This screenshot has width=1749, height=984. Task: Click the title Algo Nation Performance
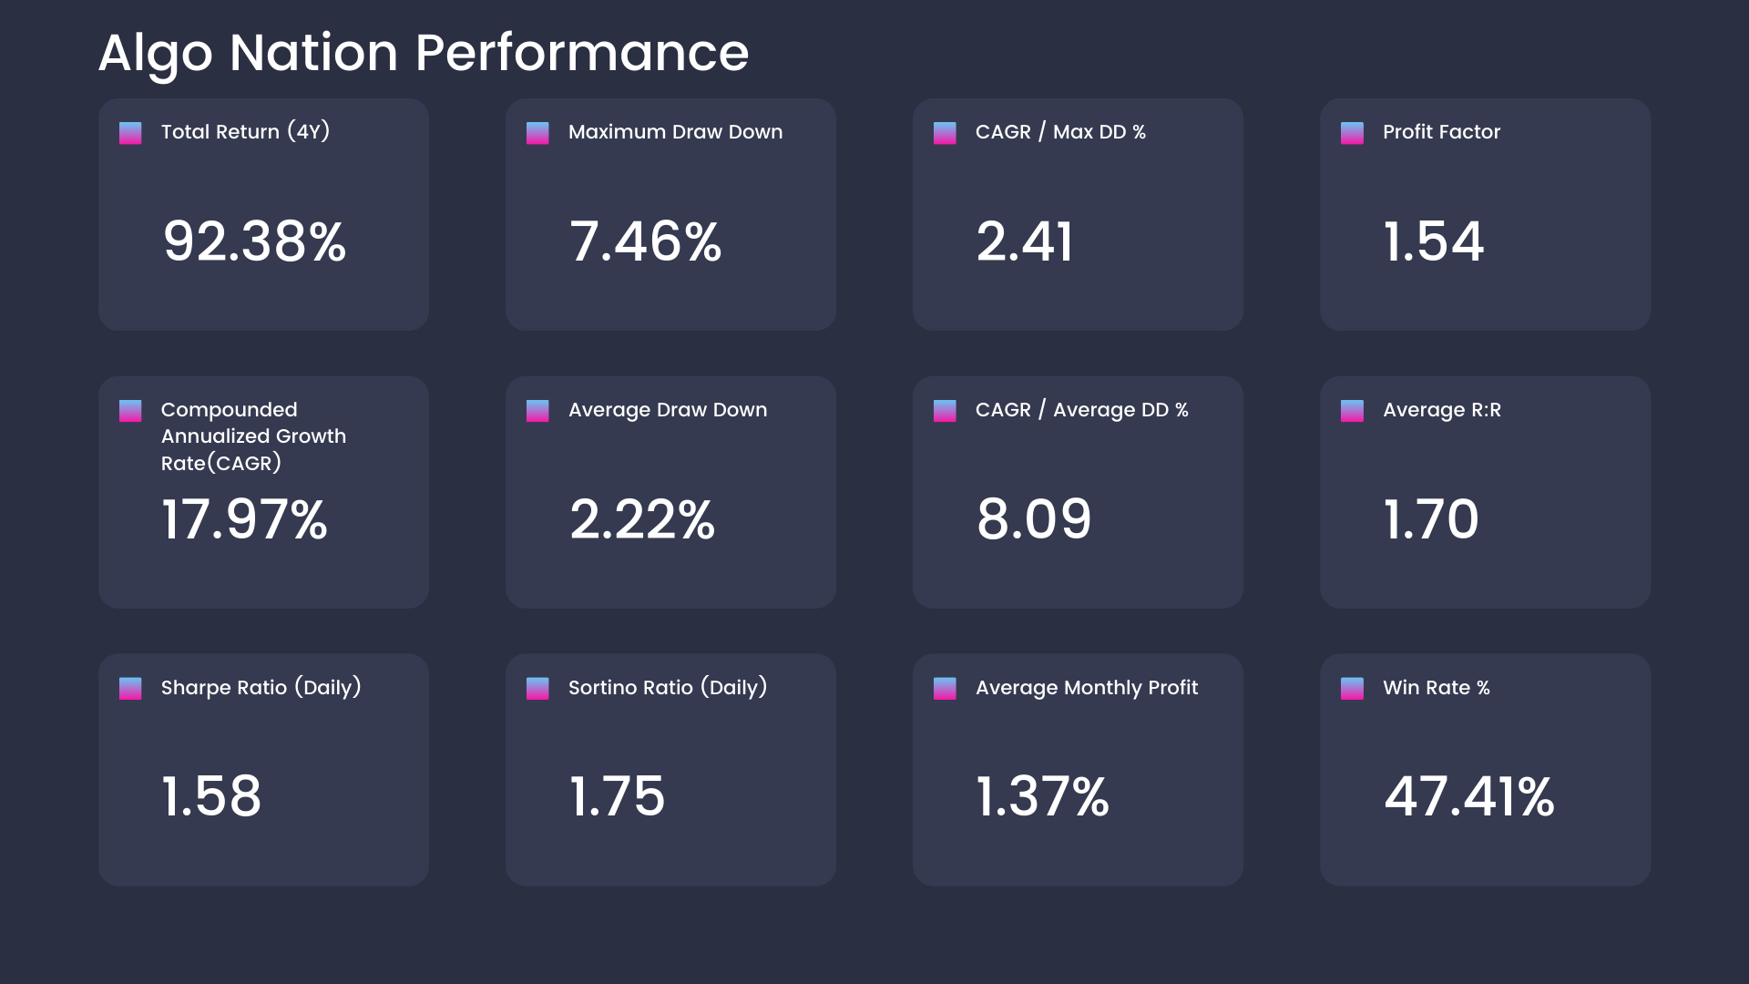423,53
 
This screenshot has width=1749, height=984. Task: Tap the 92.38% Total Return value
254,242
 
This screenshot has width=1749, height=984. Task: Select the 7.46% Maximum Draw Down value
645,242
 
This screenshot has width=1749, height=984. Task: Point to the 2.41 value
1025,242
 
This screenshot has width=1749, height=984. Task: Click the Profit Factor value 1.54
1433,242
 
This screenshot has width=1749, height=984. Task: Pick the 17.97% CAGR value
244,519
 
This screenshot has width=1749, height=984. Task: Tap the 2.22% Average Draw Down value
642,519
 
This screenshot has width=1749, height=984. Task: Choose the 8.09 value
1033,519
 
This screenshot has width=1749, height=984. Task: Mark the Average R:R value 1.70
1430,519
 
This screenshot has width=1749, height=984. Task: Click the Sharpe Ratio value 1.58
211,796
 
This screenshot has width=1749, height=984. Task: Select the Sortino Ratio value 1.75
617,796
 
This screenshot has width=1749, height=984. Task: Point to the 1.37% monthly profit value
1042,796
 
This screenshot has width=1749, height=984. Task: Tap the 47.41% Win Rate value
1468,796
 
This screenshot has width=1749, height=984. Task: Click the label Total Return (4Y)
245,132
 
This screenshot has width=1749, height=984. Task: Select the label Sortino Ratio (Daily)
667,688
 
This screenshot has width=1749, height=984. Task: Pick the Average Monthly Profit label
1086,688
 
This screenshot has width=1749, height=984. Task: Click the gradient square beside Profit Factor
1352,133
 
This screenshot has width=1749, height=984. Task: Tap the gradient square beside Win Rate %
1352,688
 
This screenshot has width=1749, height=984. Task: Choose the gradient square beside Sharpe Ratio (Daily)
130,688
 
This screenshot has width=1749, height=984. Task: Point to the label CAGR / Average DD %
1081,410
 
